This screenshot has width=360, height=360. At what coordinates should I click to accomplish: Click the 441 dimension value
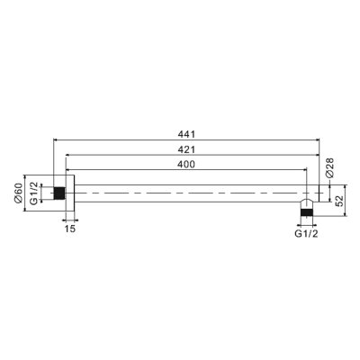click(x=186, y=134)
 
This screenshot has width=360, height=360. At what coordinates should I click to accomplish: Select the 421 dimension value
click(x=186, y=149)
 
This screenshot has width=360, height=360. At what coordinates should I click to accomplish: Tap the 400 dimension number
click(x=186, y=164)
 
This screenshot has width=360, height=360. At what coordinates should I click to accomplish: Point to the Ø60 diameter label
click(x=18, y=193)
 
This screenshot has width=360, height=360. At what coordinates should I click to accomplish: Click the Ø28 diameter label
click(x=329, y=168)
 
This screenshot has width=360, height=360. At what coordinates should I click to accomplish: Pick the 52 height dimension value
click(x=339, y=201)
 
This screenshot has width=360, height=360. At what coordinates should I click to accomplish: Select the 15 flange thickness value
click(x=69, y=229)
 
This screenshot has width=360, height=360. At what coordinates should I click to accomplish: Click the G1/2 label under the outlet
click(x=306, y=234)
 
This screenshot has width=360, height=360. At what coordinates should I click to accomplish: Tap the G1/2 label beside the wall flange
click(x=35, y=193)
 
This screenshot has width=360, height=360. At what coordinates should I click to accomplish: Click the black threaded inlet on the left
click(x=59, y=193)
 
